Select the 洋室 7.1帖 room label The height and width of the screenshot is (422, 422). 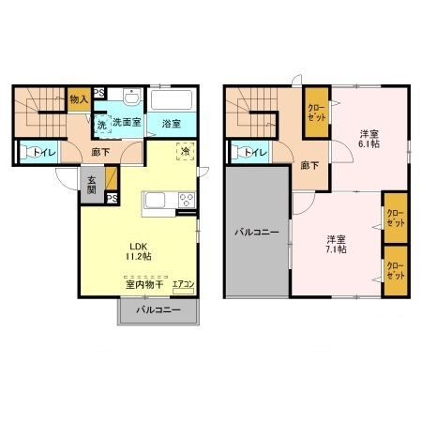pos(337,244)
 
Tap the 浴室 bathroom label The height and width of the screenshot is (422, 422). pos(170,123)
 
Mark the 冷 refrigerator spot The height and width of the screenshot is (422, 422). pos(186,151)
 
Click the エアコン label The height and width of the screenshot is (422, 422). pos(183,284)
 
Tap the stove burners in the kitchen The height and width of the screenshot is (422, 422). pos(185,200)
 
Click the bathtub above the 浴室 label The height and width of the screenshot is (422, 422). pos(171,99)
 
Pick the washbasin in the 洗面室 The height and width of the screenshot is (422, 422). pos(132,100)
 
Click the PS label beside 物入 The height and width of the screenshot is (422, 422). pos(98,92)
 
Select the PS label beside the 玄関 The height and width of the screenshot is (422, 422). pos(111,199)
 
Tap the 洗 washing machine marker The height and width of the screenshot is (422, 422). pos(101,124)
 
